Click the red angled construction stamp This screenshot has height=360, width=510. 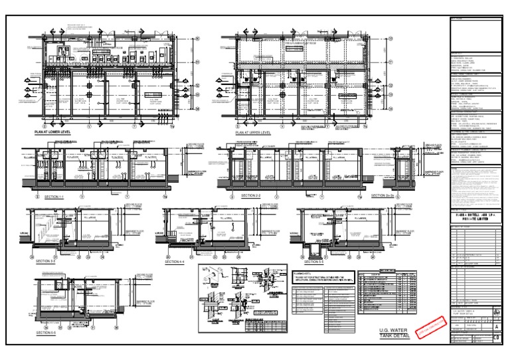(428, 327)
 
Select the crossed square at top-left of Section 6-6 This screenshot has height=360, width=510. (47, 281)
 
